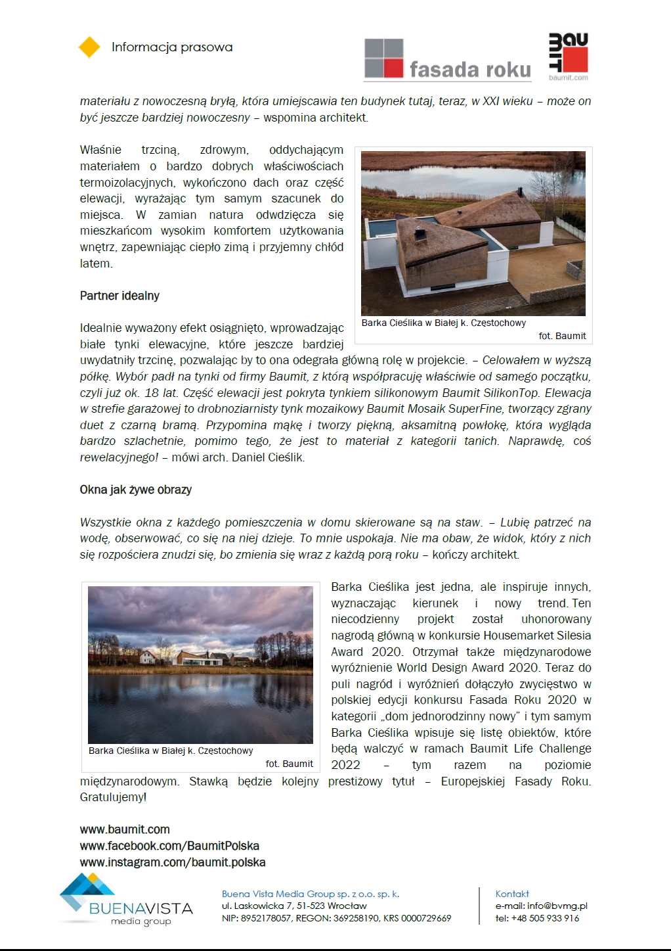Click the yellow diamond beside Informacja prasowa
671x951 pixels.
pyautogui.click(x=89, y=47)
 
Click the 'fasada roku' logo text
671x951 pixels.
pyautogui.click(x=469, y=70)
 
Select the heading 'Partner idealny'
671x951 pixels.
pyautogui.click(x=119, y=296)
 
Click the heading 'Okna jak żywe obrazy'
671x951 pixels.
pyautogui.click(x=136, y=490)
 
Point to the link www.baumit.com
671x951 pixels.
pyautogui.click(x=125, y=829)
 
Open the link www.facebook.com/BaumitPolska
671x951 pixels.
pyautogui.click(x=169, y=846)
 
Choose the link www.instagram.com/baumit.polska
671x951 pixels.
pyautogui.click(x=173, y=862)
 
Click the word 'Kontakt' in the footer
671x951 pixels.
pyautogui.click(x=512, y=894)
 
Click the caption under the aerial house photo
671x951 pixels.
pyautogui.click(x=444, y=323)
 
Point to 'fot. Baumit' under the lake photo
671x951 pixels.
pyautogui.click(x=289, y=764)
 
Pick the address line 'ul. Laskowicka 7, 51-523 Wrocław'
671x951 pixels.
pyautogui.click(x=294, y=906)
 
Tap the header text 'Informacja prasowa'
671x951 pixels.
pyautogui.click(x=172, y=47)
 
